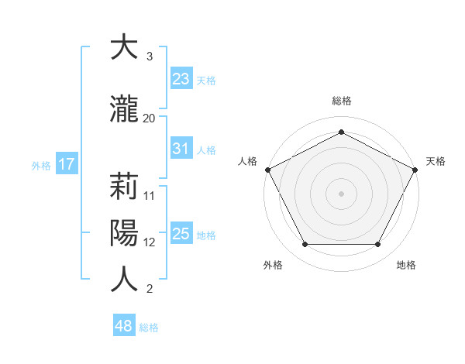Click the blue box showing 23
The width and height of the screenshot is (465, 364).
pos(181,78)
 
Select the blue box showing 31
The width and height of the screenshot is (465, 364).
pos(181,149)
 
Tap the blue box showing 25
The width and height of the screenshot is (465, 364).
pos(181,234)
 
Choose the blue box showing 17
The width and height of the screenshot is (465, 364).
pos(66,164)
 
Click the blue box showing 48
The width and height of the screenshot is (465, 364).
pos(123,326)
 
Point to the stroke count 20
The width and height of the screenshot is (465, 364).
pos(150,118)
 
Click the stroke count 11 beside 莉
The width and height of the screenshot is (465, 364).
pos(150,195)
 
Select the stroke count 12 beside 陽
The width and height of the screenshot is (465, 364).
pos(150,242)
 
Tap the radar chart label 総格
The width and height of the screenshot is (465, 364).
pos(342,101)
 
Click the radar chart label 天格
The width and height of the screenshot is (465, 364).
pos(436,161)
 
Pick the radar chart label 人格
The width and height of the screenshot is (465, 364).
pos(248,161)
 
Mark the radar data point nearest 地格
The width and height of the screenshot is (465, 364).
pos(378,245)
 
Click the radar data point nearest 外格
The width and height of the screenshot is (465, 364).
pos(305,245)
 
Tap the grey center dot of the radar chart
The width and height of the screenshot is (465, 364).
pos(342,193)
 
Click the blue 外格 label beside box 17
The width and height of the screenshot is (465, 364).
pos(41,165)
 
